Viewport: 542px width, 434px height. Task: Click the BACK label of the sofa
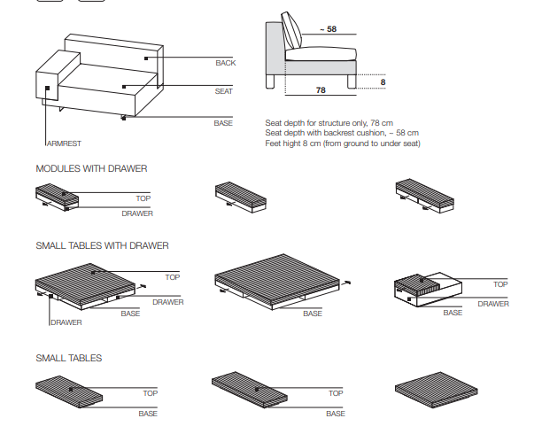tap(225, 63)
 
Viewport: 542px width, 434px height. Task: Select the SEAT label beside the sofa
tap(223, 91)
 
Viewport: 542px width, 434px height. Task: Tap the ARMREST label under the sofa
tap(63, 143)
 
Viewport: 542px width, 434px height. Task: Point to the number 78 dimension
tap(321, 90)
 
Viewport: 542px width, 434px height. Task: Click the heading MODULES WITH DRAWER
tap(91, 168)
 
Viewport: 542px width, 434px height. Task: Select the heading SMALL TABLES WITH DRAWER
tap(102, 245)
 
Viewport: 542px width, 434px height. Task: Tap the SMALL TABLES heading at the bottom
tap(68, 358)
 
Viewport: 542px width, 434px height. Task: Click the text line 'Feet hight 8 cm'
tap(342, 143)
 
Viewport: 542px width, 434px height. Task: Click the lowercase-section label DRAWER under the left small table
tap(66, 322)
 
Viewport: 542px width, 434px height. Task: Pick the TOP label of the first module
tap(143, 199)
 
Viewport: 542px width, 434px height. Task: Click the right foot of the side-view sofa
tap(352, 82)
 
